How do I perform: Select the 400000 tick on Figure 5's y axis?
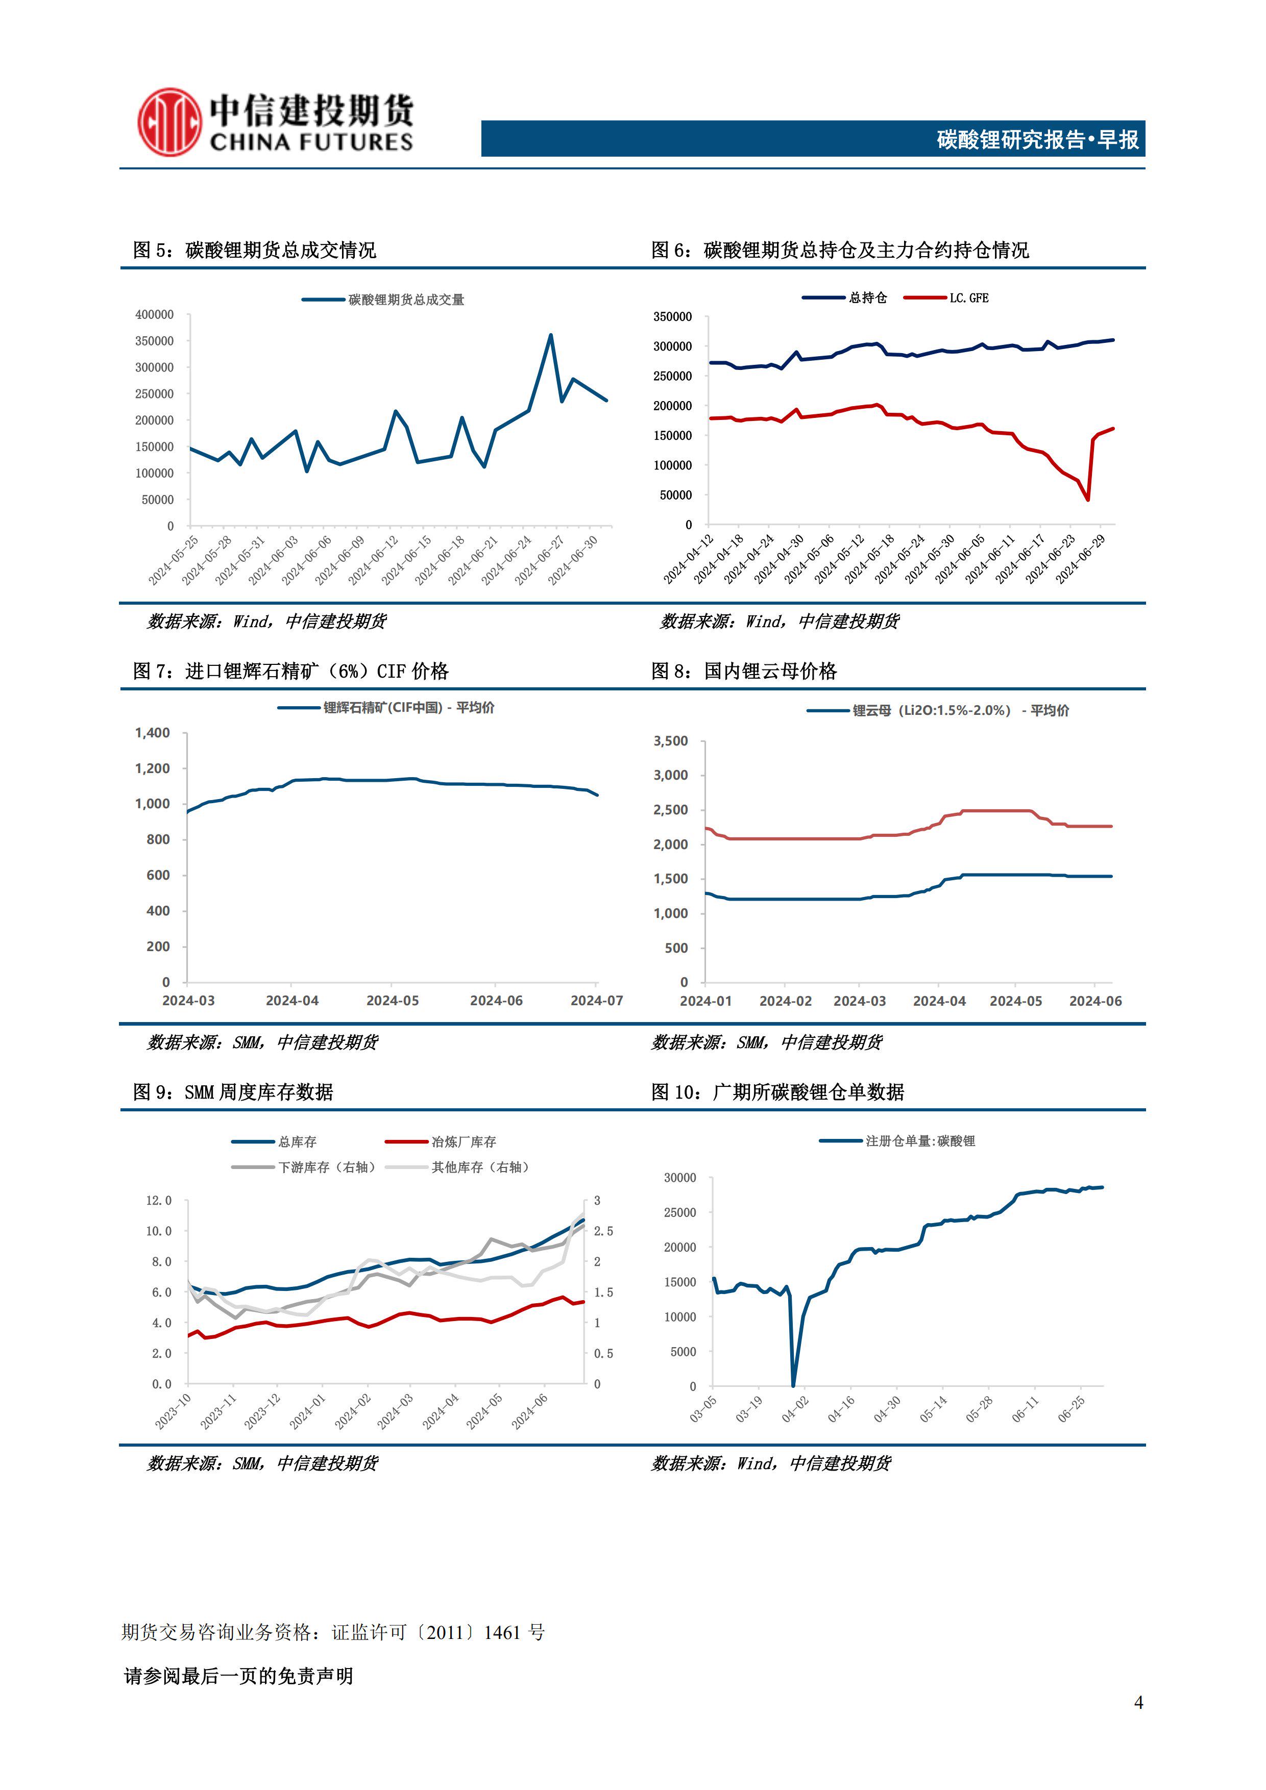click(x=155, y=315)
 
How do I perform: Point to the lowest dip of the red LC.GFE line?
click(x=1087, y=500)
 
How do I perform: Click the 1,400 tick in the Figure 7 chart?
click(x=152, y=733)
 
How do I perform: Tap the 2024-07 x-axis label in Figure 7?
click(x=597, y=1000)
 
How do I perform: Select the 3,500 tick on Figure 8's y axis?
click(x=671, y=741)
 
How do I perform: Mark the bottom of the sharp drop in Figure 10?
click(x=793, y=1385)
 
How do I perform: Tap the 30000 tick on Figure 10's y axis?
click(x=679, y=1178)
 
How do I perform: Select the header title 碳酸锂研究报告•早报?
click(x=1037, y=139)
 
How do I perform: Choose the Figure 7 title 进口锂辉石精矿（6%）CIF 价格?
click(x=316, y=672)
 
